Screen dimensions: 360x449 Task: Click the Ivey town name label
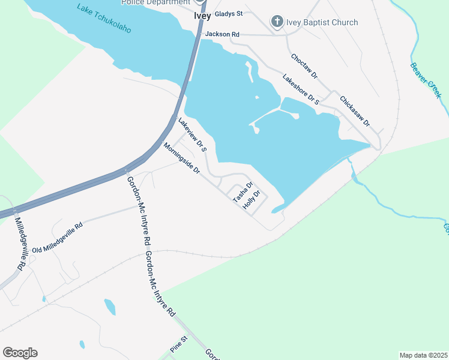click(x=202, y=16)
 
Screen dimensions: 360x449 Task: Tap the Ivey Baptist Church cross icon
click(x=277, y=23)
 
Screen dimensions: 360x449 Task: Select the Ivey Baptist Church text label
click(x=322, y=23)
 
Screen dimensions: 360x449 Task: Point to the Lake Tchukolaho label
click(x=104, y=18)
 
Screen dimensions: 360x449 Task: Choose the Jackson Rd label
click(x=222, y=35)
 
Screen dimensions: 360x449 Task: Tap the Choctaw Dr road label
click(x=304, y=67)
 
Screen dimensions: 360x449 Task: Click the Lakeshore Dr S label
click(x=300, y=89)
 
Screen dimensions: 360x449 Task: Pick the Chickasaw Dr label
click(x=354, y=110)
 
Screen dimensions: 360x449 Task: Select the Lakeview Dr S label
click(x=192, y=134)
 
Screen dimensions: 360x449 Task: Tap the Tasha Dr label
click(x=243, y=191)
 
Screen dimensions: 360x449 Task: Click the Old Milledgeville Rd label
click(x=57, y=238)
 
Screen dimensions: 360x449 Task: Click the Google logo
click(x=20, y=353)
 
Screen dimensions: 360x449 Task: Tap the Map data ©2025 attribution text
click(x=423, y=355)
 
